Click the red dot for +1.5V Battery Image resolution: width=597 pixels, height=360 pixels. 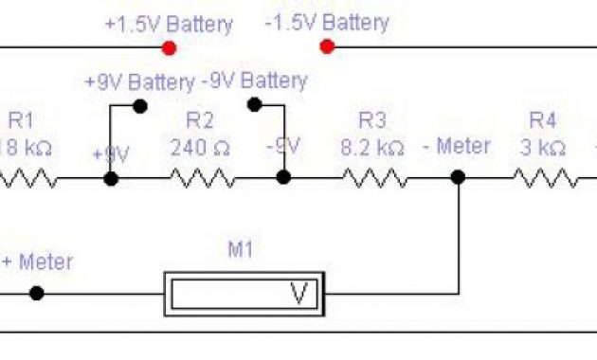(x=170, y=47)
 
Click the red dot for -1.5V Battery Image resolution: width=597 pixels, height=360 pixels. (x=327, y=46)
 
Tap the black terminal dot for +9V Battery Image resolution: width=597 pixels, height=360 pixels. (x=140, y=106)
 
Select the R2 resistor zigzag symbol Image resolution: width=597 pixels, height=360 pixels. (x=201, y=178)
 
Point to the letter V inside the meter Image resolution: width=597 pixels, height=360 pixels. (x=299, y=294)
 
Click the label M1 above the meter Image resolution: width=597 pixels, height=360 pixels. (x=244, y=250)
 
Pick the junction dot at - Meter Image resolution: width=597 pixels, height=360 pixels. (x=459, y=177)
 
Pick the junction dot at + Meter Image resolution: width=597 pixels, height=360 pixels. (x=36, y=293)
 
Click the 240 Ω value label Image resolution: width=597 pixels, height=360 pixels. (x=201, y=148)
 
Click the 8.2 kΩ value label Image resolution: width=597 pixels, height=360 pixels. (x=372, y=148)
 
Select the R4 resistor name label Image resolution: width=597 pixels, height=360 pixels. (x=541, y=120)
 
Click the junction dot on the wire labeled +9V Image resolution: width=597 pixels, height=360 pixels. (x=111, y=178)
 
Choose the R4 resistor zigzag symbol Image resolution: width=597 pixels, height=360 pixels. (x=546, y=178)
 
